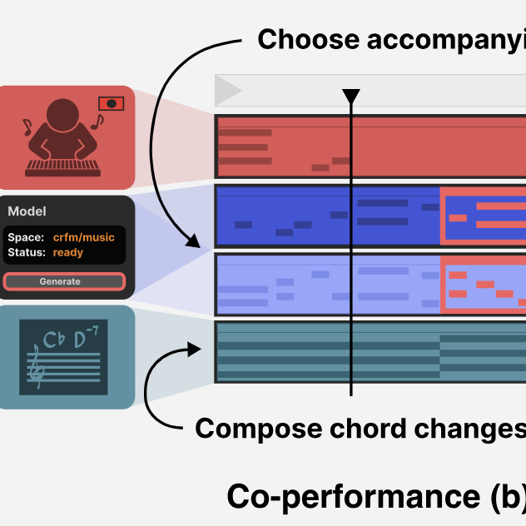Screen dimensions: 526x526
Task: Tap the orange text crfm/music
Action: click(x=84, y=238)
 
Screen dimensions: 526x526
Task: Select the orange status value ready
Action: click(x=68, y=252)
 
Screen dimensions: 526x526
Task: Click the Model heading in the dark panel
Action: click(x=27, y=212)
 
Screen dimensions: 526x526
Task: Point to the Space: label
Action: click(x=25, y=238)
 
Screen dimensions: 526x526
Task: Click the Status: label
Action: click(x=27, y=252)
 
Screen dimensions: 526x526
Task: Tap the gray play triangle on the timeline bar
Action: click(x=229, y=90)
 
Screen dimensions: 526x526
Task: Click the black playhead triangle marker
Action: click(x=351, y=97)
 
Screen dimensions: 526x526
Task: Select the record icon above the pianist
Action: click(x=112, y=104)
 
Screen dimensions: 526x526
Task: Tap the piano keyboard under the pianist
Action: click(x=63, y=168)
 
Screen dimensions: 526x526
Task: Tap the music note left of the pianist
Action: click(x=27, y=127)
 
